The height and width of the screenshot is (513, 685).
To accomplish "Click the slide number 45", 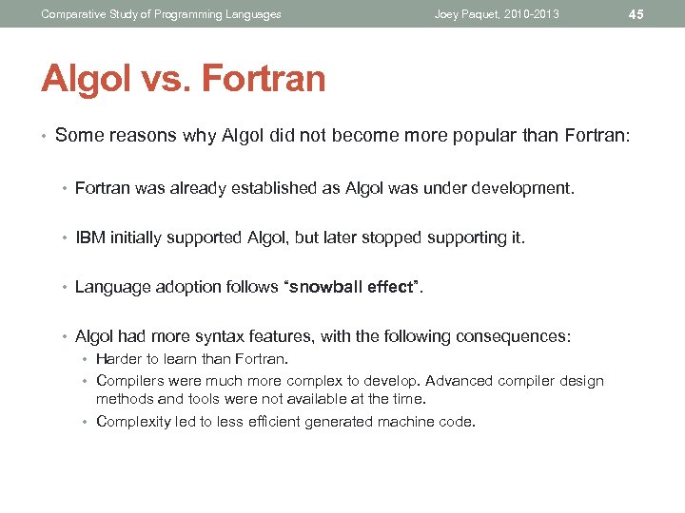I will [636, 14].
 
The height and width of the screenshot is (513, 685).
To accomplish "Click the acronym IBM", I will [90, 237].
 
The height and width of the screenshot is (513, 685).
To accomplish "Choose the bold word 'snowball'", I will [321, 287].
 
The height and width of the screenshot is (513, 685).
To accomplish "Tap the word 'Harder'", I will [119, 359].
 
